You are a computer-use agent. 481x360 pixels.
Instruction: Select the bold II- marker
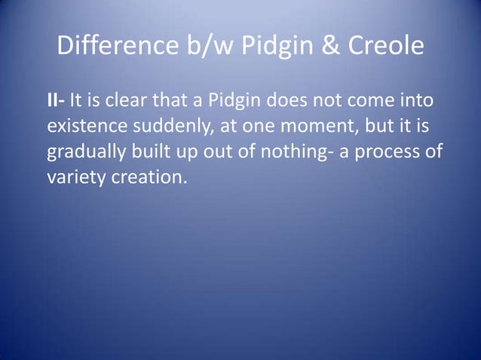pos(57,101)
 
